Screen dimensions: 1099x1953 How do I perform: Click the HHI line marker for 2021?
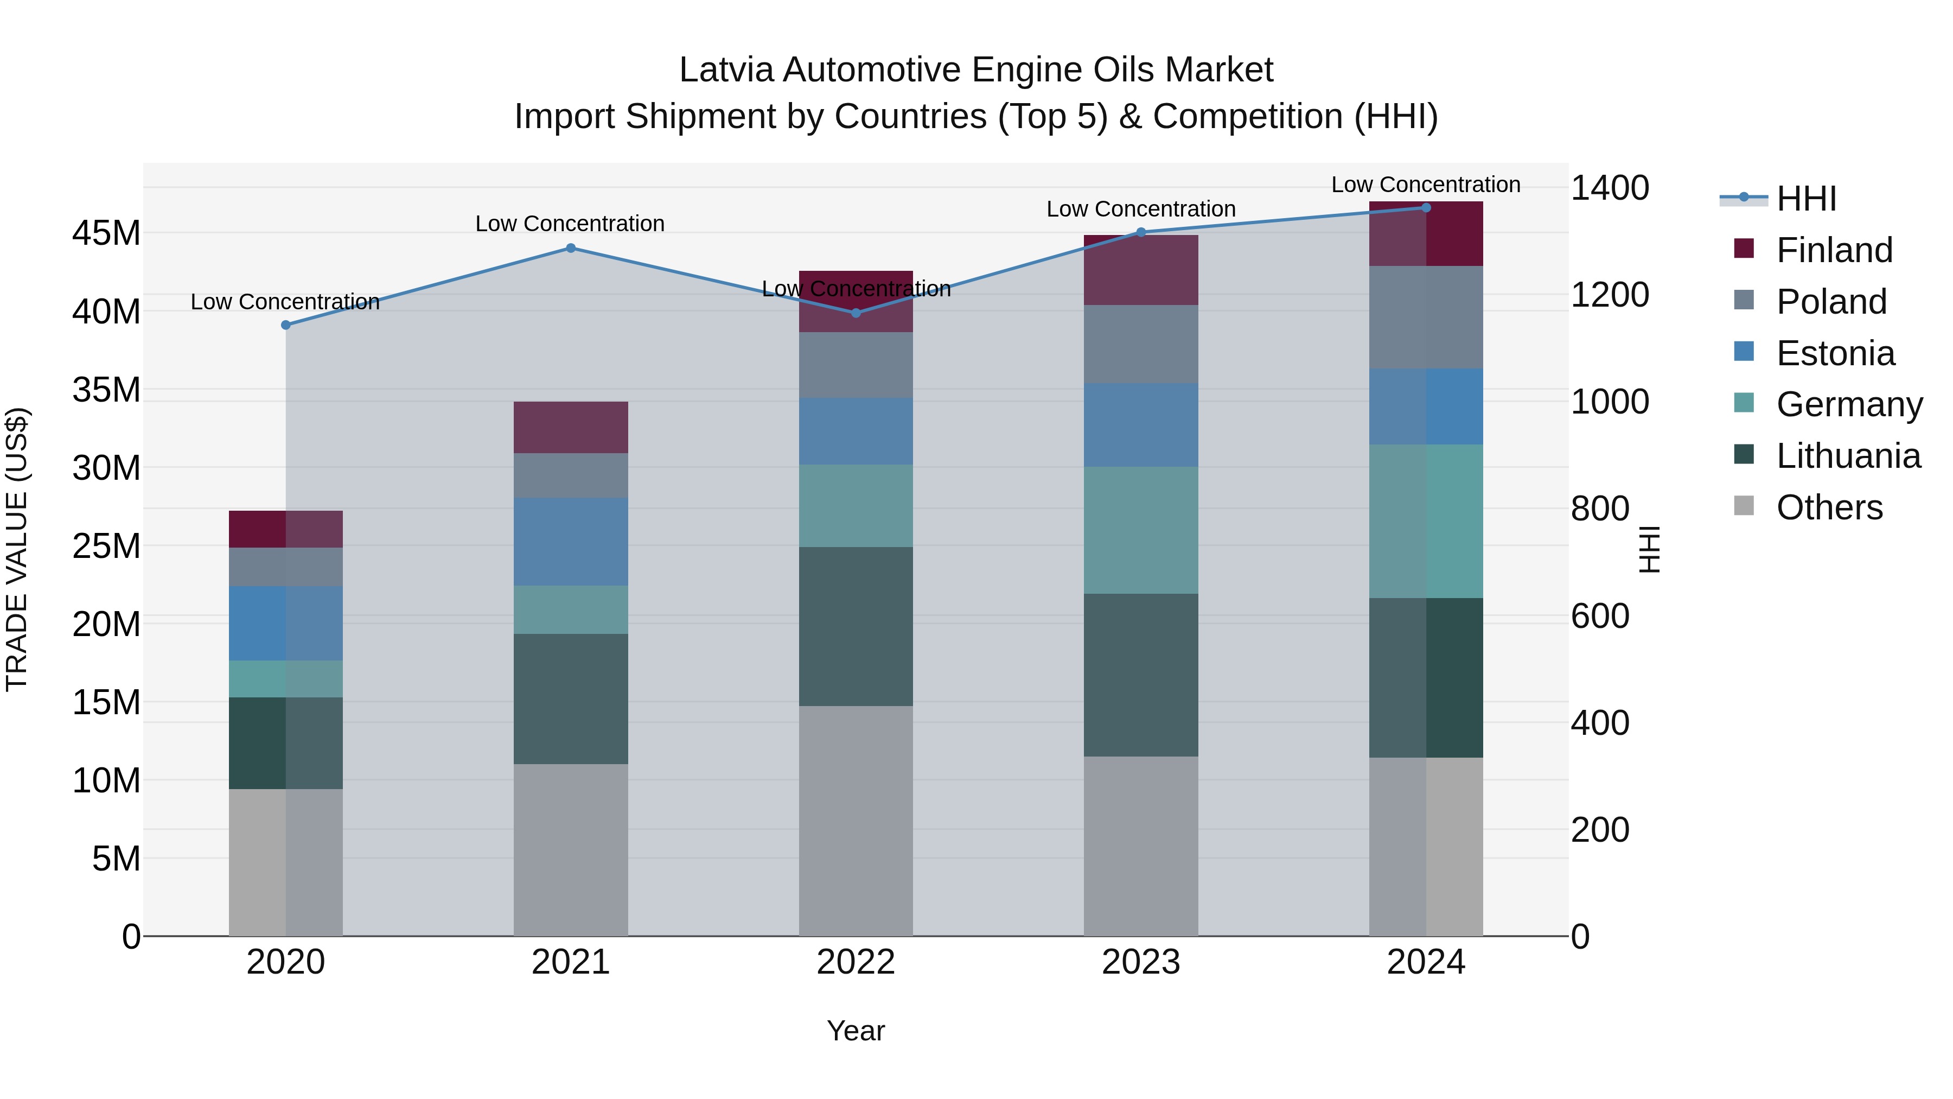(571, 248)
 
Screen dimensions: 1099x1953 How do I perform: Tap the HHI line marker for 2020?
(286, 325)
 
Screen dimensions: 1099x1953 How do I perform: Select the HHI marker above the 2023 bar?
(1141, 232)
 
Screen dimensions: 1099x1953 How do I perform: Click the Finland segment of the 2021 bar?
(571, 427)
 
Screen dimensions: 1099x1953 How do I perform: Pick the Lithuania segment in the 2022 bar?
(856, 626)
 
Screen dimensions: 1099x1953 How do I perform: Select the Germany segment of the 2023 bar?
(1141, 530)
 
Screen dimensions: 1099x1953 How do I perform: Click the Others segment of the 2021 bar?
(571, 849)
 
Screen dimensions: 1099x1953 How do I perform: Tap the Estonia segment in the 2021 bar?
(571, 542)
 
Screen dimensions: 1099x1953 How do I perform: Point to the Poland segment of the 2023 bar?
(1141, 344)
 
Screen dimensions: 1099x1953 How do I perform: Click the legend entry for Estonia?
(1835, 353)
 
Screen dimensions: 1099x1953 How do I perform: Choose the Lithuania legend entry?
(1848, 456)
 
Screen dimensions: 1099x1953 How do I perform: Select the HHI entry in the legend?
(1806, 199)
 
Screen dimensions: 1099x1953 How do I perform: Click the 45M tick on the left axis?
(106, 233)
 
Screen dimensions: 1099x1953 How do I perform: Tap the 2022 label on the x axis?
(856, 962)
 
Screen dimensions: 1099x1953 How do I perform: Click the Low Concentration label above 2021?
(570, 224)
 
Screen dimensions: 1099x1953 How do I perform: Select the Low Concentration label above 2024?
(1425, 185)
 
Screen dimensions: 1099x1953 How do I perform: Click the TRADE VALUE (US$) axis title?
(17, 549)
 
